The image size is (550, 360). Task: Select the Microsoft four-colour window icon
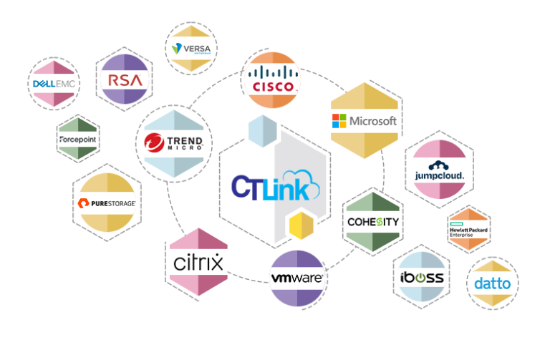pyautogui.click(x=339, y=121)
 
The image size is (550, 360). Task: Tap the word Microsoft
pyautogui.click(x=372, y=121)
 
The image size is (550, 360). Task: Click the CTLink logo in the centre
pyautogui.click(x=275, y=185)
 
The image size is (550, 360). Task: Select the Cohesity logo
pyautogui.click(x=372, y=221)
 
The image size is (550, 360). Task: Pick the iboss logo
pyautogui.click(x=421, y=276)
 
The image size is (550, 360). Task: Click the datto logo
pyautogui.click(x=493, y=283)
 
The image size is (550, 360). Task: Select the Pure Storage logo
pyautogui.click(x=106, y=203)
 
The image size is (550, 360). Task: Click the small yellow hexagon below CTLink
pyautogui.click(x=301, y=225)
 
